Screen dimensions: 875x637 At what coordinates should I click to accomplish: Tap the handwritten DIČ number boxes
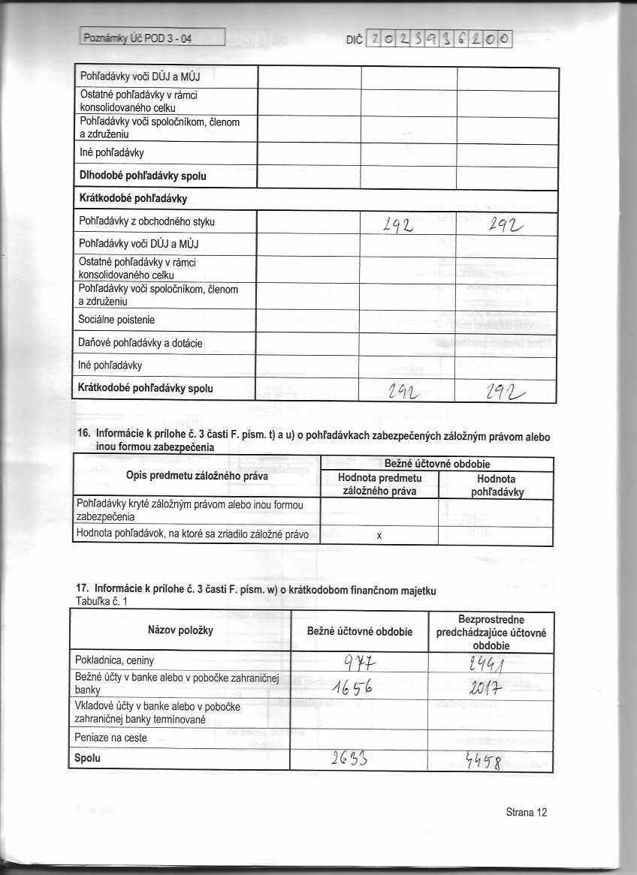439,38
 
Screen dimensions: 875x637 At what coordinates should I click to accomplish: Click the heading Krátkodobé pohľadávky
132,198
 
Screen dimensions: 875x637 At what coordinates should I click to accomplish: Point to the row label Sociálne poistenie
116,320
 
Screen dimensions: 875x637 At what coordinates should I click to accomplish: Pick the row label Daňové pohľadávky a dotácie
140,343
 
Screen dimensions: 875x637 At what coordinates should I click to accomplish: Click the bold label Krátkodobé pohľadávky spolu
146,389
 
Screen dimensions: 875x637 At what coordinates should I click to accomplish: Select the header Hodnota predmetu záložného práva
379,484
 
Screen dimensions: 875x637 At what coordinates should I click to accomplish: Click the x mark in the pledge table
379,536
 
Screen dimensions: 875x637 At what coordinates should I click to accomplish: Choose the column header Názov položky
181,630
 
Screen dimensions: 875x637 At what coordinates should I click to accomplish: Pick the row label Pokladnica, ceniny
116,660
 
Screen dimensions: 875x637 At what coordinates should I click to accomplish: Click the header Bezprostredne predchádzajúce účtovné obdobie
491,632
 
